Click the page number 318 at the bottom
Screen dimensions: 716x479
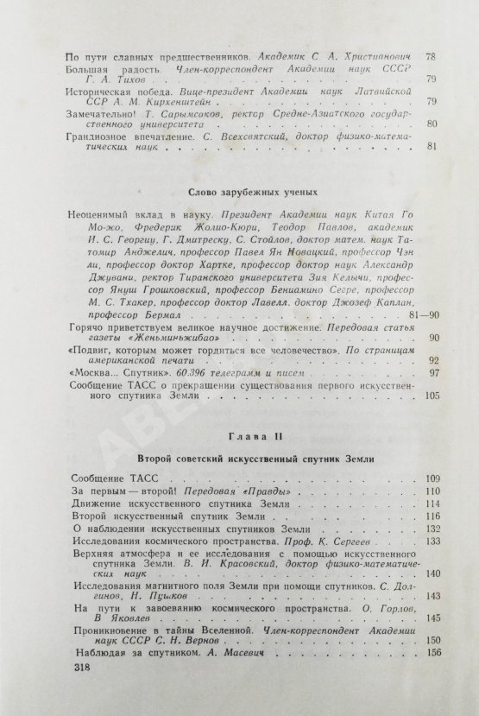point(83,669)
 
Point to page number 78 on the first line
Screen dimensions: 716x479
point(432,56)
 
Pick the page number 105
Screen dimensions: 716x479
point(430,371)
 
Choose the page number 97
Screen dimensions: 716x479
point(432,349)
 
